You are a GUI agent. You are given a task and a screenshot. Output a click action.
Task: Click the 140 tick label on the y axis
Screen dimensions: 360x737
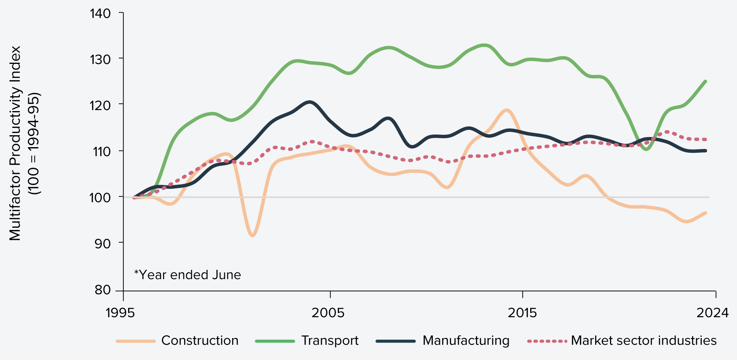[100, 14]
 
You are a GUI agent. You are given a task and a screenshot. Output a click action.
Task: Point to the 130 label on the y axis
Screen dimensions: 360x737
[100, 59]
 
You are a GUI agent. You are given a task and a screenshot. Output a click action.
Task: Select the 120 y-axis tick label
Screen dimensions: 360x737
[100, 106]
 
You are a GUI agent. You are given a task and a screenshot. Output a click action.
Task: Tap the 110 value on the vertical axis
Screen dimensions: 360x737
[100, 152]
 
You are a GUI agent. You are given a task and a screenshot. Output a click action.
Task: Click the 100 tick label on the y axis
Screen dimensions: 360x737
[100, 198]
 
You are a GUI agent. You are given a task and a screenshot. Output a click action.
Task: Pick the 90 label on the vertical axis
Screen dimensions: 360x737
[102, 244]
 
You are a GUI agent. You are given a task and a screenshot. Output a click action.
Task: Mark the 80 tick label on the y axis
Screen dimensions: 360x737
[102, 290]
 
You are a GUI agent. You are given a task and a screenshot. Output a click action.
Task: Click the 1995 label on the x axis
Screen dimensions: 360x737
[120, 313]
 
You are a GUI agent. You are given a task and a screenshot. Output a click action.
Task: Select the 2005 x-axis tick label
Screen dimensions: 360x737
[328, 313]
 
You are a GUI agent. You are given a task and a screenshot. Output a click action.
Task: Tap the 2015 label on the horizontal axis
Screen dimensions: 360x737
[522, 313]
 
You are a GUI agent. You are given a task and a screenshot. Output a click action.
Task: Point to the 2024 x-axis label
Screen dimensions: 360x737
[712, 313]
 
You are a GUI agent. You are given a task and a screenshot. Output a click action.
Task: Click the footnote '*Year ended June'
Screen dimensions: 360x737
[187, 275]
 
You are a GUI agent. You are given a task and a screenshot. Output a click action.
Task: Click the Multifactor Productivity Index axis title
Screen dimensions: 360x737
[16, 143]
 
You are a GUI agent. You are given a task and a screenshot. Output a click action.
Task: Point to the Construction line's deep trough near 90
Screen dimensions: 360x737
[252, 235]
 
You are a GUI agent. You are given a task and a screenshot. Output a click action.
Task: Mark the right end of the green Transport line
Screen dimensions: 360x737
[705, 81]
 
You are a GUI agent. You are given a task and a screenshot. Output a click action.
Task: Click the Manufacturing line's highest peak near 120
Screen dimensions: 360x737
[309, 102]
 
